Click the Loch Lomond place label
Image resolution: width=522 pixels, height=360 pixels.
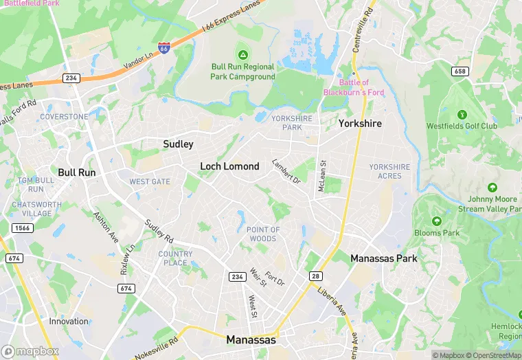pos(229,166)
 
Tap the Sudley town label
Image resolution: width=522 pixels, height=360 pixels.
pos(178,144)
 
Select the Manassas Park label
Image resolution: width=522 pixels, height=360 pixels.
pos(384,258)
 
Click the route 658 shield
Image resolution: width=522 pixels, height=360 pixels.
pos(461,71)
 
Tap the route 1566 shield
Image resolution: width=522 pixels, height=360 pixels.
pos(22,227)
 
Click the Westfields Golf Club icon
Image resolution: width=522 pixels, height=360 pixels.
pos(462,114)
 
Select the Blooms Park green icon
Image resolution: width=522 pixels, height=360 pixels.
pos(437,221)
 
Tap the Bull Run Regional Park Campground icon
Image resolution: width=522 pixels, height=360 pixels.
pos(242,54)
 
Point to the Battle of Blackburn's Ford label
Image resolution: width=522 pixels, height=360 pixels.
pos(354,88)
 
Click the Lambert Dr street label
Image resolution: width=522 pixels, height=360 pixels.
pos(286,171)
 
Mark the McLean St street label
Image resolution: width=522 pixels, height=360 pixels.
pos(321,176)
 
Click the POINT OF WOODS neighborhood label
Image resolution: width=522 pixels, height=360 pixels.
pos(263,234)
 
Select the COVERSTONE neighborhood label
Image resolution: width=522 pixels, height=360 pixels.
pos(64,117)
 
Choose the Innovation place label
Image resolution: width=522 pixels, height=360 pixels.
pos(69,321)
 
